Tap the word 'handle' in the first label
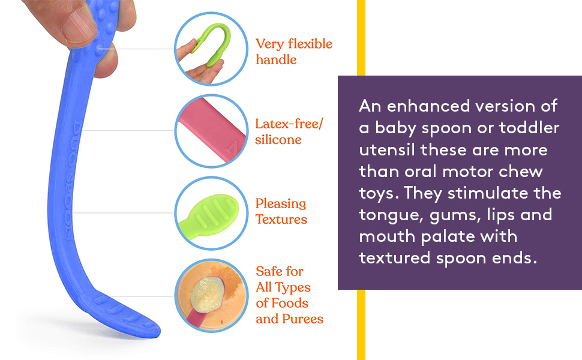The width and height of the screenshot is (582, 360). pos(276,60)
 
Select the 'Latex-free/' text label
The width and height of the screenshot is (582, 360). pos(289,124)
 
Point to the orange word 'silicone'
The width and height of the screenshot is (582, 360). pos(278,140)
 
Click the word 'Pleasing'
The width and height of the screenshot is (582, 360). pos(281,204)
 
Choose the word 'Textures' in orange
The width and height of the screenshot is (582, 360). pos(281,220)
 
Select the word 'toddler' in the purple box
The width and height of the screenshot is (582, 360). pos(528,128)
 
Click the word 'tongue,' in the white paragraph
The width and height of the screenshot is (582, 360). pos(386,214)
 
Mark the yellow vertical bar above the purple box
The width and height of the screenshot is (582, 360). pos(361,36)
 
